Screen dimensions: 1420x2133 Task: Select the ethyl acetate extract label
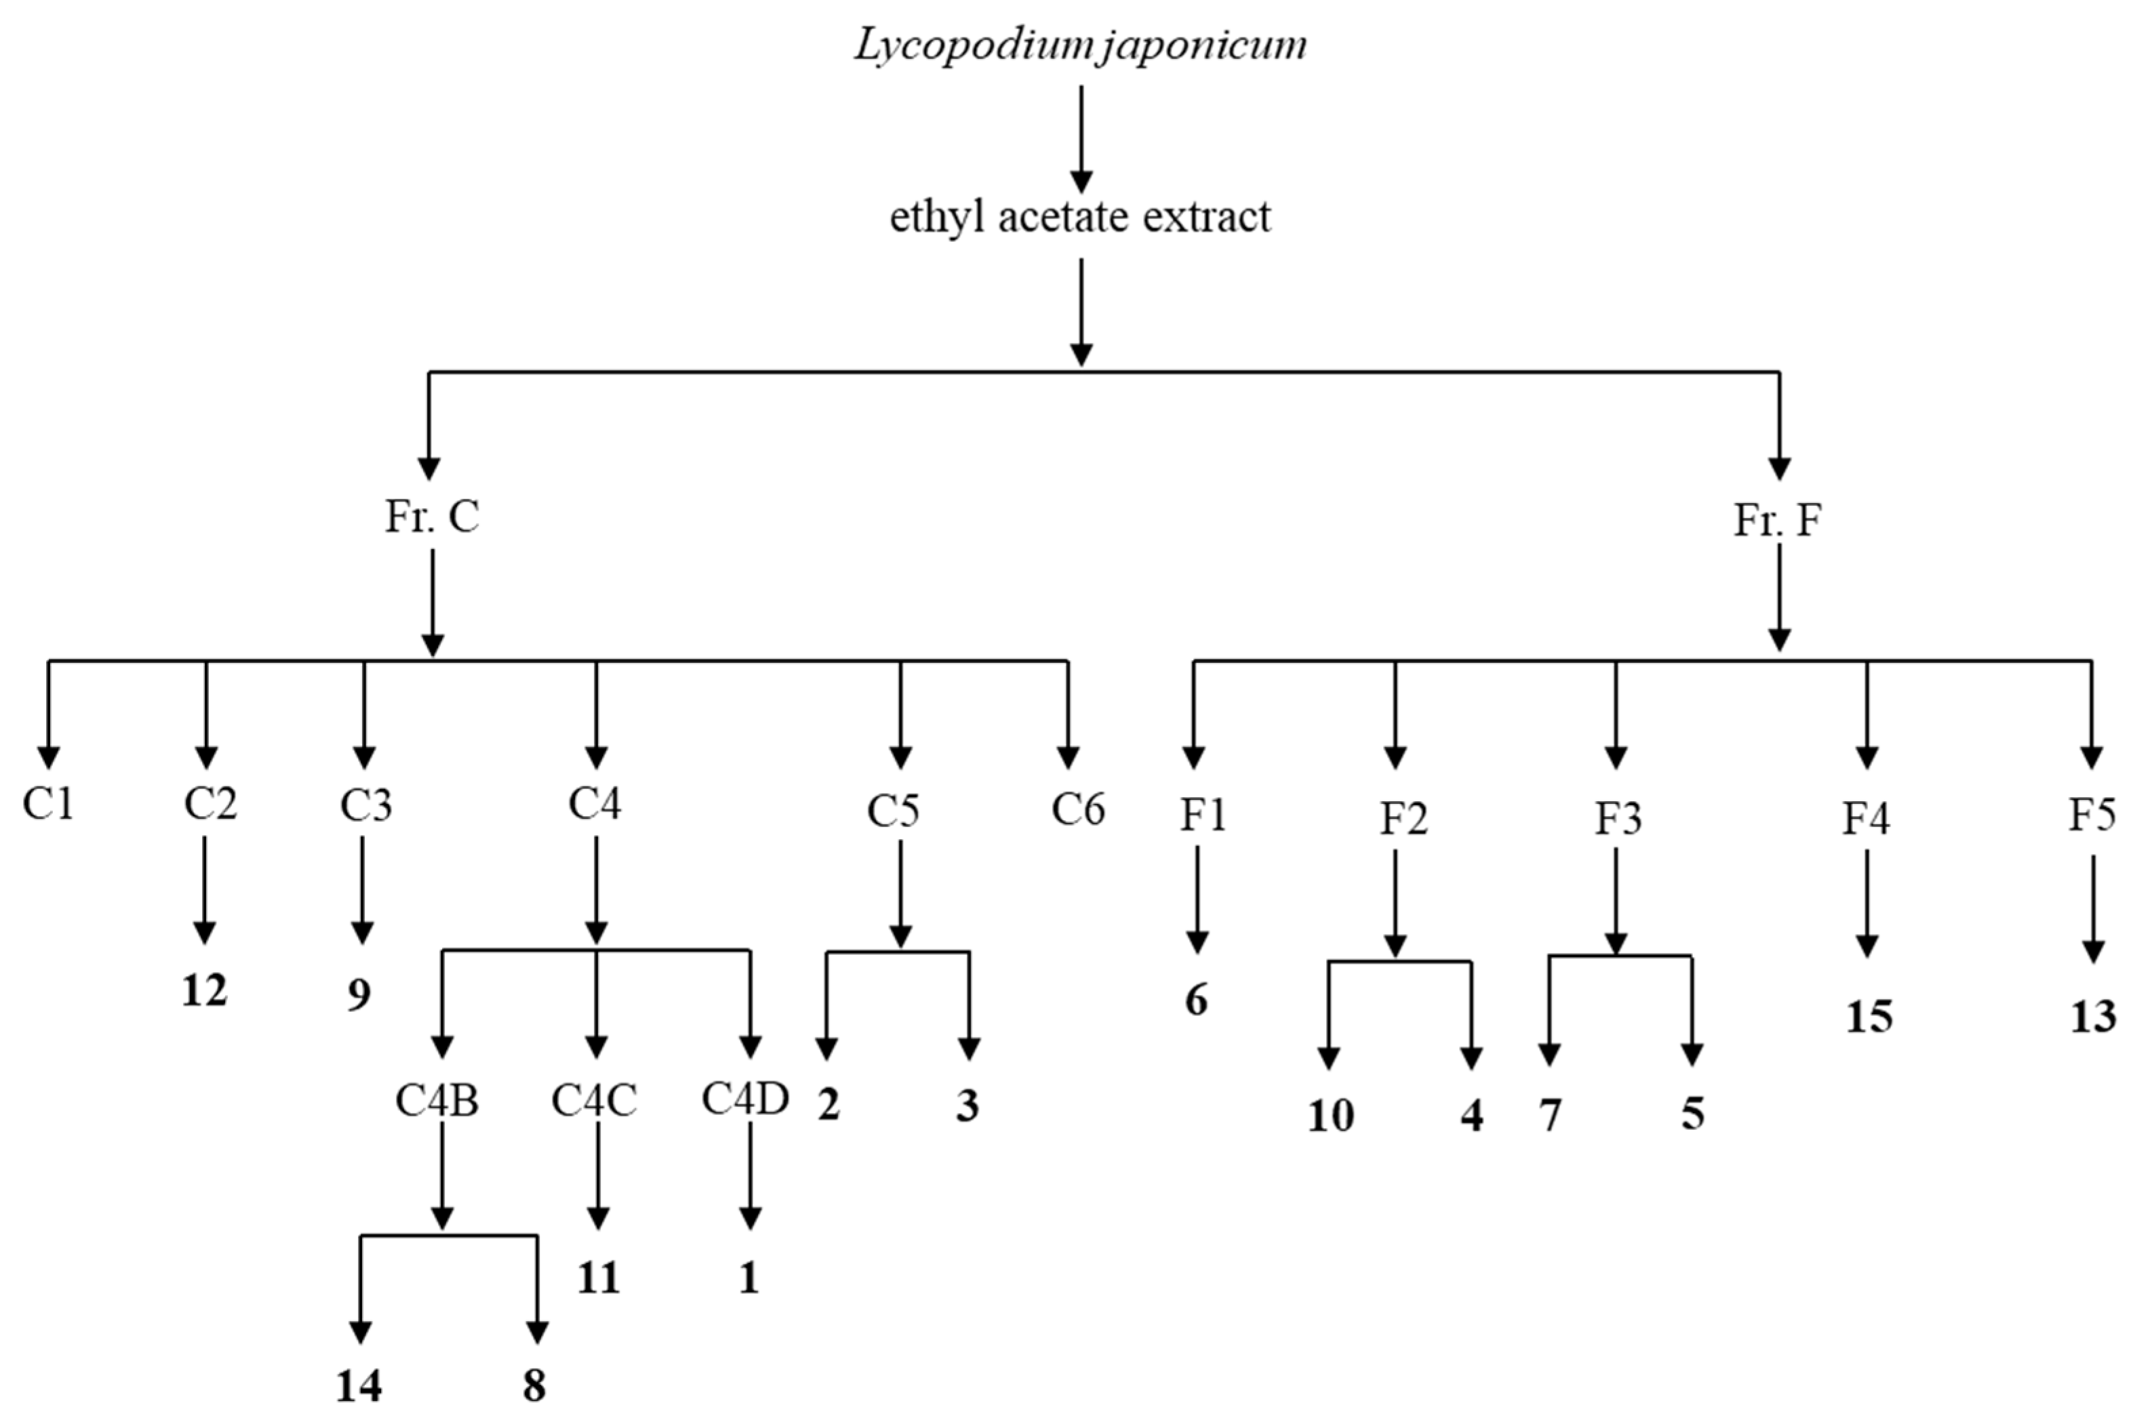click(x=1081, y=218)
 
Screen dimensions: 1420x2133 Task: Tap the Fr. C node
click(x=432, y=517)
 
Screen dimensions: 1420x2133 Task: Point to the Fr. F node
click(x=1777, y=521)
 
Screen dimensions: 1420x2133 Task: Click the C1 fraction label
click(x=48, y=803)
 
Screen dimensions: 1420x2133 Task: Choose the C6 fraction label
click(x=1078, y=809)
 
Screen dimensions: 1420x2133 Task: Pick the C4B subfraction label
click(x=437, y=1100)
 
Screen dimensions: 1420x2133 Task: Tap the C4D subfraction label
click(x=745, y=1099)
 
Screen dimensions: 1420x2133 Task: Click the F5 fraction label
click(x=2092, y=815)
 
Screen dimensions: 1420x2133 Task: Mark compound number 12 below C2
click(x=205, y=991)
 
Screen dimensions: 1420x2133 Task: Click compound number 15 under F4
click(x=1869, y=1017)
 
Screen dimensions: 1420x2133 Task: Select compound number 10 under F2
click(x=1330, y=1116)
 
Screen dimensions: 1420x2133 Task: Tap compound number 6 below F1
click(x=1197, y=1000)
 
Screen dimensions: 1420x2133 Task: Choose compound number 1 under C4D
click(x=748, y=1278)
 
